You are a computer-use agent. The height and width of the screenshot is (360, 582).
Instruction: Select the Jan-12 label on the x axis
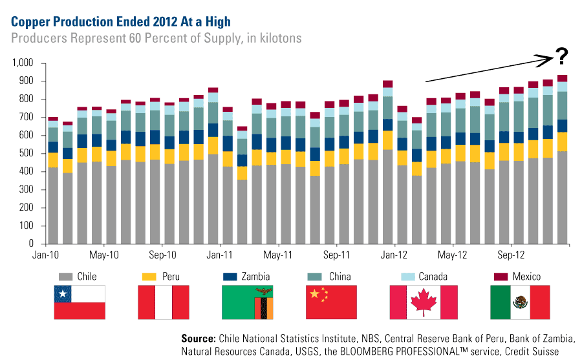tap(394, 255)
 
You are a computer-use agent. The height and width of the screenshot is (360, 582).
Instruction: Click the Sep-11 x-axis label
tap(337, 255)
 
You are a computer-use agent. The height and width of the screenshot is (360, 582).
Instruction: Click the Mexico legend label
tap(526, 277)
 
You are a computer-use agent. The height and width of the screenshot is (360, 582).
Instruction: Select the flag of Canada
tap(424, 302)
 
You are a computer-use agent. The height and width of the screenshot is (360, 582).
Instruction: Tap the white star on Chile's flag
tap(63, 294)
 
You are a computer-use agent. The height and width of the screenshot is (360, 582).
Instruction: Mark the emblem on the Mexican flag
tap(520, 302)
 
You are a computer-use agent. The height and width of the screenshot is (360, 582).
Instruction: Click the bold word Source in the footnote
tap(198, 339)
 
